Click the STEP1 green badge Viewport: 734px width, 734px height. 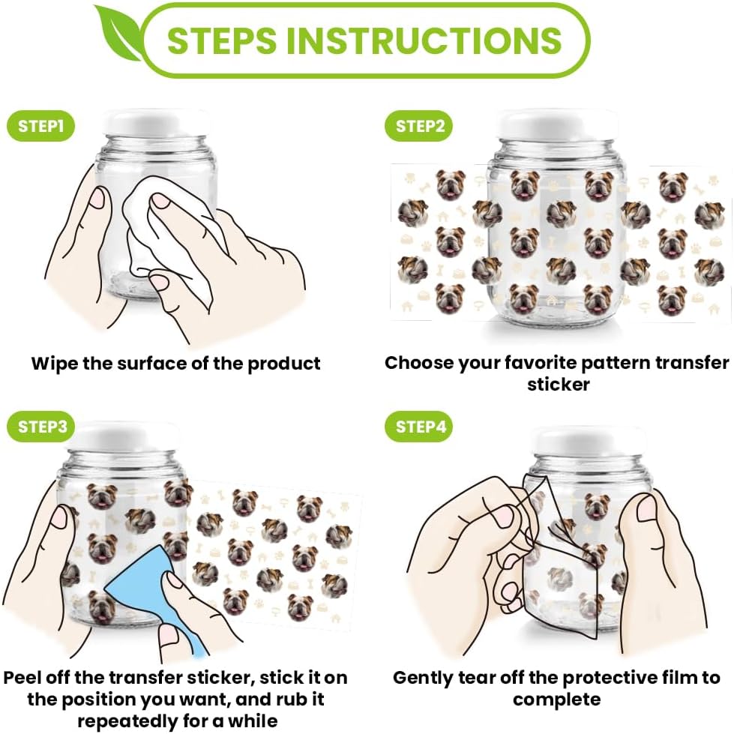[x=40, y=126]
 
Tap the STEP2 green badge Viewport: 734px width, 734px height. [x=418, y=126]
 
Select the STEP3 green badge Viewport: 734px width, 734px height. [x=40, y=427]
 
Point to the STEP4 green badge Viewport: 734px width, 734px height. [x=418, y=427]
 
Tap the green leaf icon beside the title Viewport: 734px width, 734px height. [x=117, y=37]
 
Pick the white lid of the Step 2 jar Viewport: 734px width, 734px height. [x=556, y=124]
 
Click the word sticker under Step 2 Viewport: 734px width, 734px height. [x=558, y=385]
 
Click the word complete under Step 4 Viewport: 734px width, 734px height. [x=556, y=700]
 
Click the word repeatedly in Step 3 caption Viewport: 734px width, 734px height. [x=125, y=721]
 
